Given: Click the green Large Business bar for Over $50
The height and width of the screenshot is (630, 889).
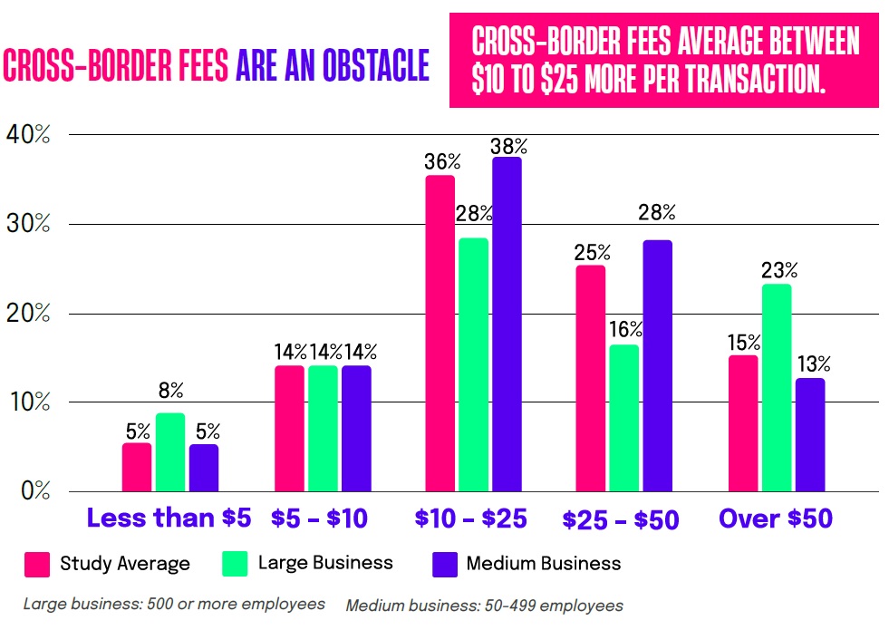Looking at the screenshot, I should tap(777, 387).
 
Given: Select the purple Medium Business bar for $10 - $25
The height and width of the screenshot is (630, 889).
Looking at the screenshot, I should tap(507, 325).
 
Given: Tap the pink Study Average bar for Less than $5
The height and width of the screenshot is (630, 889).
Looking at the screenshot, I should tap(137, 467).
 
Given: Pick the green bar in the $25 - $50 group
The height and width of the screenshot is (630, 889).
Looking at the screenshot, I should tap(624, 418).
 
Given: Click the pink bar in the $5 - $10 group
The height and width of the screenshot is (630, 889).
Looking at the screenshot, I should tap(289, 428).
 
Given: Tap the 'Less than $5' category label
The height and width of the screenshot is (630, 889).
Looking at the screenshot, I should tap(169, 519).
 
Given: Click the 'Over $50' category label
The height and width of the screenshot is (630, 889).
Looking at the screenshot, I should tap(776, 519).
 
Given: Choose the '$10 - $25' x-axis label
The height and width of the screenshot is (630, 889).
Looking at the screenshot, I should tap(470, 519).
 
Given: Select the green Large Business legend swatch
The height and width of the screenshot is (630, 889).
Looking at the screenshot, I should tap(235, 564).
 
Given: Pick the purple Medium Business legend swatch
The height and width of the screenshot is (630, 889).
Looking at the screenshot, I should tap(442, 564).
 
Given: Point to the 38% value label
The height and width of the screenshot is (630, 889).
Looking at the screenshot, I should tap(508, 146).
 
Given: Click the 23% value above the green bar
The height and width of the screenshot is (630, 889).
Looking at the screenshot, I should tap(778, 270).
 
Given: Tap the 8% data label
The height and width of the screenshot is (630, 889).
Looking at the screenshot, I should tap(170, 391).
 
